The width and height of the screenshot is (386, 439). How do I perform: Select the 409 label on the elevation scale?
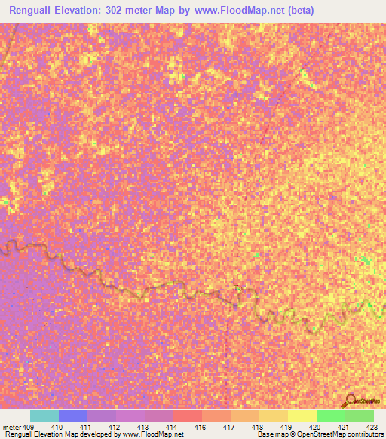29,427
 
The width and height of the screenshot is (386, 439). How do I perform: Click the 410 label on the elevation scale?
57,427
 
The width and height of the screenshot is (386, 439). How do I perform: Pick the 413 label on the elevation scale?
142,427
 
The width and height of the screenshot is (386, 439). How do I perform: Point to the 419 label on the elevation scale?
286,427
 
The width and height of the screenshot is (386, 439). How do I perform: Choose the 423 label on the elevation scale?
371,427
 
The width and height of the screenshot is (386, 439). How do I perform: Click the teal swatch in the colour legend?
44,416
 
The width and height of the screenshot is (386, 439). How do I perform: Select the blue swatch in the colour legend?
72,416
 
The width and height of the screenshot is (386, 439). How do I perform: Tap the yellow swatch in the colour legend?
302,416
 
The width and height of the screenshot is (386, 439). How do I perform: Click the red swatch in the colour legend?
188,416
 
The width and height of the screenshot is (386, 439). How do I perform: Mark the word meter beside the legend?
11,427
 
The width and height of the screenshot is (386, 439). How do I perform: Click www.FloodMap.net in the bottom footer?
155,435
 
